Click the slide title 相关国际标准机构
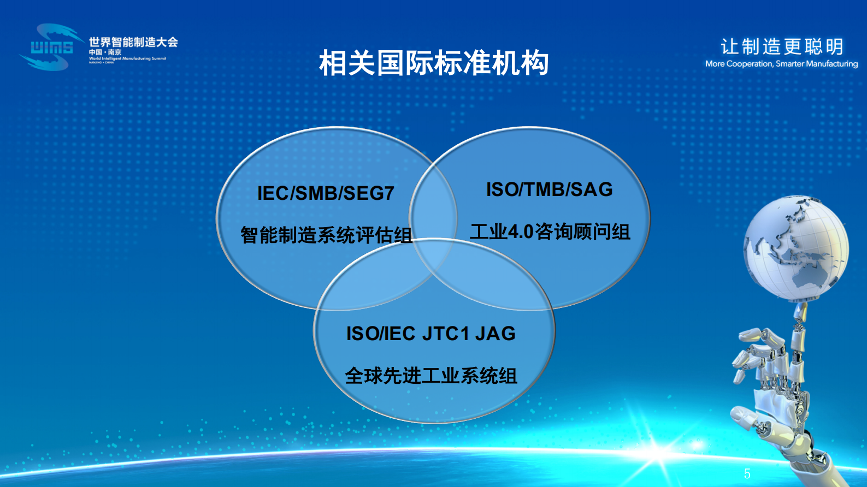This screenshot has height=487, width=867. (x=434, y=63)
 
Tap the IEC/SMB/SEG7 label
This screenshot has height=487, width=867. (x=326, y=193)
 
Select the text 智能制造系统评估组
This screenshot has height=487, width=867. (x=326, y=235)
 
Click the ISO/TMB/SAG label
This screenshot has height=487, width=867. (x=549, y=189)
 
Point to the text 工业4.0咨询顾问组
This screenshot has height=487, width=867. (x=550, y=232)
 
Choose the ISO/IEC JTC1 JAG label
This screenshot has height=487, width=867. (x=431, y=334)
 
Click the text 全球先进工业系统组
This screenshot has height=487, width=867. (x=431, y=376)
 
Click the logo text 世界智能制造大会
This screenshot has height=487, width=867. (x=133, y=42)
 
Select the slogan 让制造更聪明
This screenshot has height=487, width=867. (x=782, y=46)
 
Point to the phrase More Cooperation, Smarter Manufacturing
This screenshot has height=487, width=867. (x=781, y=64)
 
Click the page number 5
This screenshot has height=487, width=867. (x=747, y=473)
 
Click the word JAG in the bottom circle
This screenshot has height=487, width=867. (x=495, y=334)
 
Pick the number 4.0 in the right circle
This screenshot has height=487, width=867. (x=521, y=232)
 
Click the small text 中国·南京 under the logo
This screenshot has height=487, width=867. (x=105, y=52)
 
